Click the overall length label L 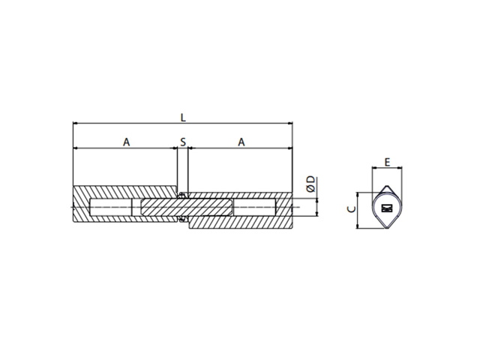click(x=183, y=118)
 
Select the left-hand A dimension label click(x=127, y=142)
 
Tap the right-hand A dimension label click(x=241, y=142)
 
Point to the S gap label click(x=183, y=142)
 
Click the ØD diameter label click(x=310, y=184)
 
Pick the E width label click(x=387, y=162)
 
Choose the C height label click(x=352, y=209)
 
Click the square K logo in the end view click(x=387, y=208)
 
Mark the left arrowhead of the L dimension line click(x=76, y=123)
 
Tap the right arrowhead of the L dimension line click(x=290, y=123)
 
